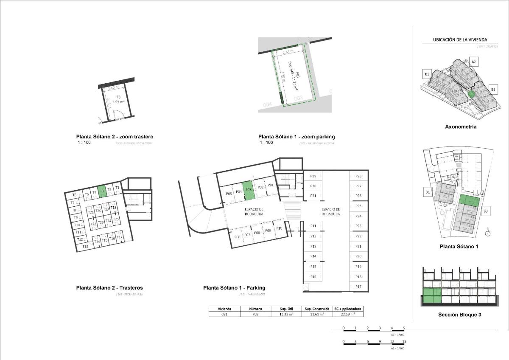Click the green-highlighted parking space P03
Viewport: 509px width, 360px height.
(249, 191)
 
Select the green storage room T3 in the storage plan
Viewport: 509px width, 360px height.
(102, 191)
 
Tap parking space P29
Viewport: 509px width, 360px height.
(313, 176)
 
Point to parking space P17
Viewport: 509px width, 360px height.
(358, 287)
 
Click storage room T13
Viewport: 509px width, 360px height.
(85, 246)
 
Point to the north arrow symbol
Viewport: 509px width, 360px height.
(488, 232)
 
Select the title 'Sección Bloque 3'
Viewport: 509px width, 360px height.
(459, 315)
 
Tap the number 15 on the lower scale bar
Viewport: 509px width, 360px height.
(404, 341)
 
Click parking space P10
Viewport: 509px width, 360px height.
(279, 228)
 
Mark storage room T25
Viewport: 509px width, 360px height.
(116, 219)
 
